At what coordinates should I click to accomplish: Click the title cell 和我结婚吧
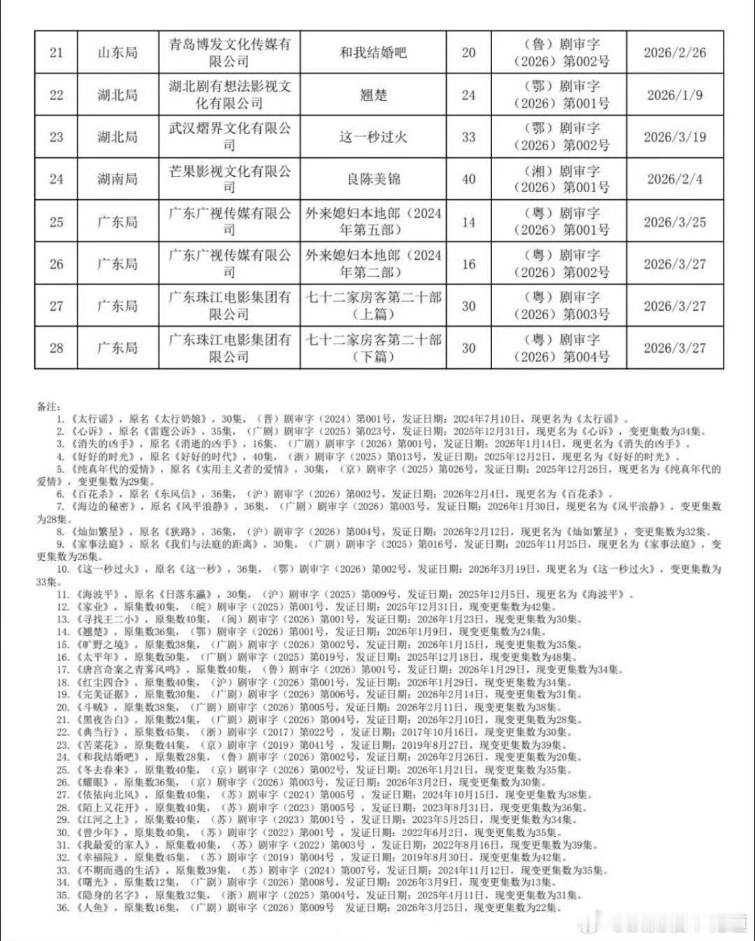[x=373, y=52]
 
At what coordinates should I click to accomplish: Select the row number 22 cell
[x=56, y=95]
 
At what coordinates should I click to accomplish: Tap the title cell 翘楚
[x=373, y=95]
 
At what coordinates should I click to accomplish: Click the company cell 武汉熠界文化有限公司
[x=229, y=137]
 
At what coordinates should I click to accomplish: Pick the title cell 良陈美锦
[x=373, y=180]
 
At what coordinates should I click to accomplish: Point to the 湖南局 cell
[x=117, y=180]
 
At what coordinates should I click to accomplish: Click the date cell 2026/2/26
[x=675, y=52]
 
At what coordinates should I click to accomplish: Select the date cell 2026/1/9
[x=675, y=95]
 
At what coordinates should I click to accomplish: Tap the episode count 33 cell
[x=468, y=137]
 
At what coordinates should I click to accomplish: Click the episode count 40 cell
[x=468, y=180]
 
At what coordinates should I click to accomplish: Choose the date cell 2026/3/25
[x=675, y=222]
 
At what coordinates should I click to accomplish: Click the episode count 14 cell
[x=468, y=222]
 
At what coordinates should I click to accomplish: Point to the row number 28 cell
[x=56, y=348]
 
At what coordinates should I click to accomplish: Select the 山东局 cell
[x=117, y=52]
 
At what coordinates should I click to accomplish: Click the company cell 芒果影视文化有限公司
[x=229, y=180]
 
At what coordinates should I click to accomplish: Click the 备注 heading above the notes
[x=49, y=406]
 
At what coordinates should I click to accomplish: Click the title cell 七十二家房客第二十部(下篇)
[x=373, y=348]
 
